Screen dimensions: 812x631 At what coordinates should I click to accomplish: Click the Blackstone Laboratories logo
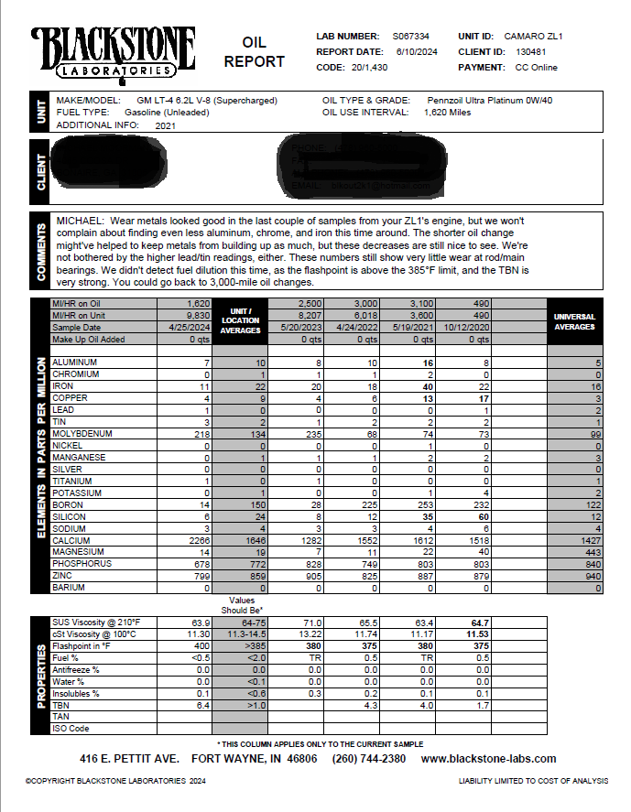pyautogui.click(x=113, y=53)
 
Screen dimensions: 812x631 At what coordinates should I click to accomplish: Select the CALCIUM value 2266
pyautogui.click(x=197, y=540)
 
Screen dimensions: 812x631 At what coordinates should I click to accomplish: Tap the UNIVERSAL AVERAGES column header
pyautogui.click(x=575, y=321)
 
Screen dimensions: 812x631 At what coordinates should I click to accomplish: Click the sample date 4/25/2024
pyautogui.click(x=190, y=327)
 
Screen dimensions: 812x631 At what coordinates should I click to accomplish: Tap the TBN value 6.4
pyautogui.click(x=204, y=705)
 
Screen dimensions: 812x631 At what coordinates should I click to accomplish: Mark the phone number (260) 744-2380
pyautogui.click(x=369, y=759)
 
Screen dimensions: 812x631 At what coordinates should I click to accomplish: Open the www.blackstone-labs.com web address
pyautogui.click(x=488, y=759)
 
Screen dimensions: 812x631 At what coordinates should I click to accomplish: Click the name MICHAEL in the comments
pyautogui.click(x=80, y=221)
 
